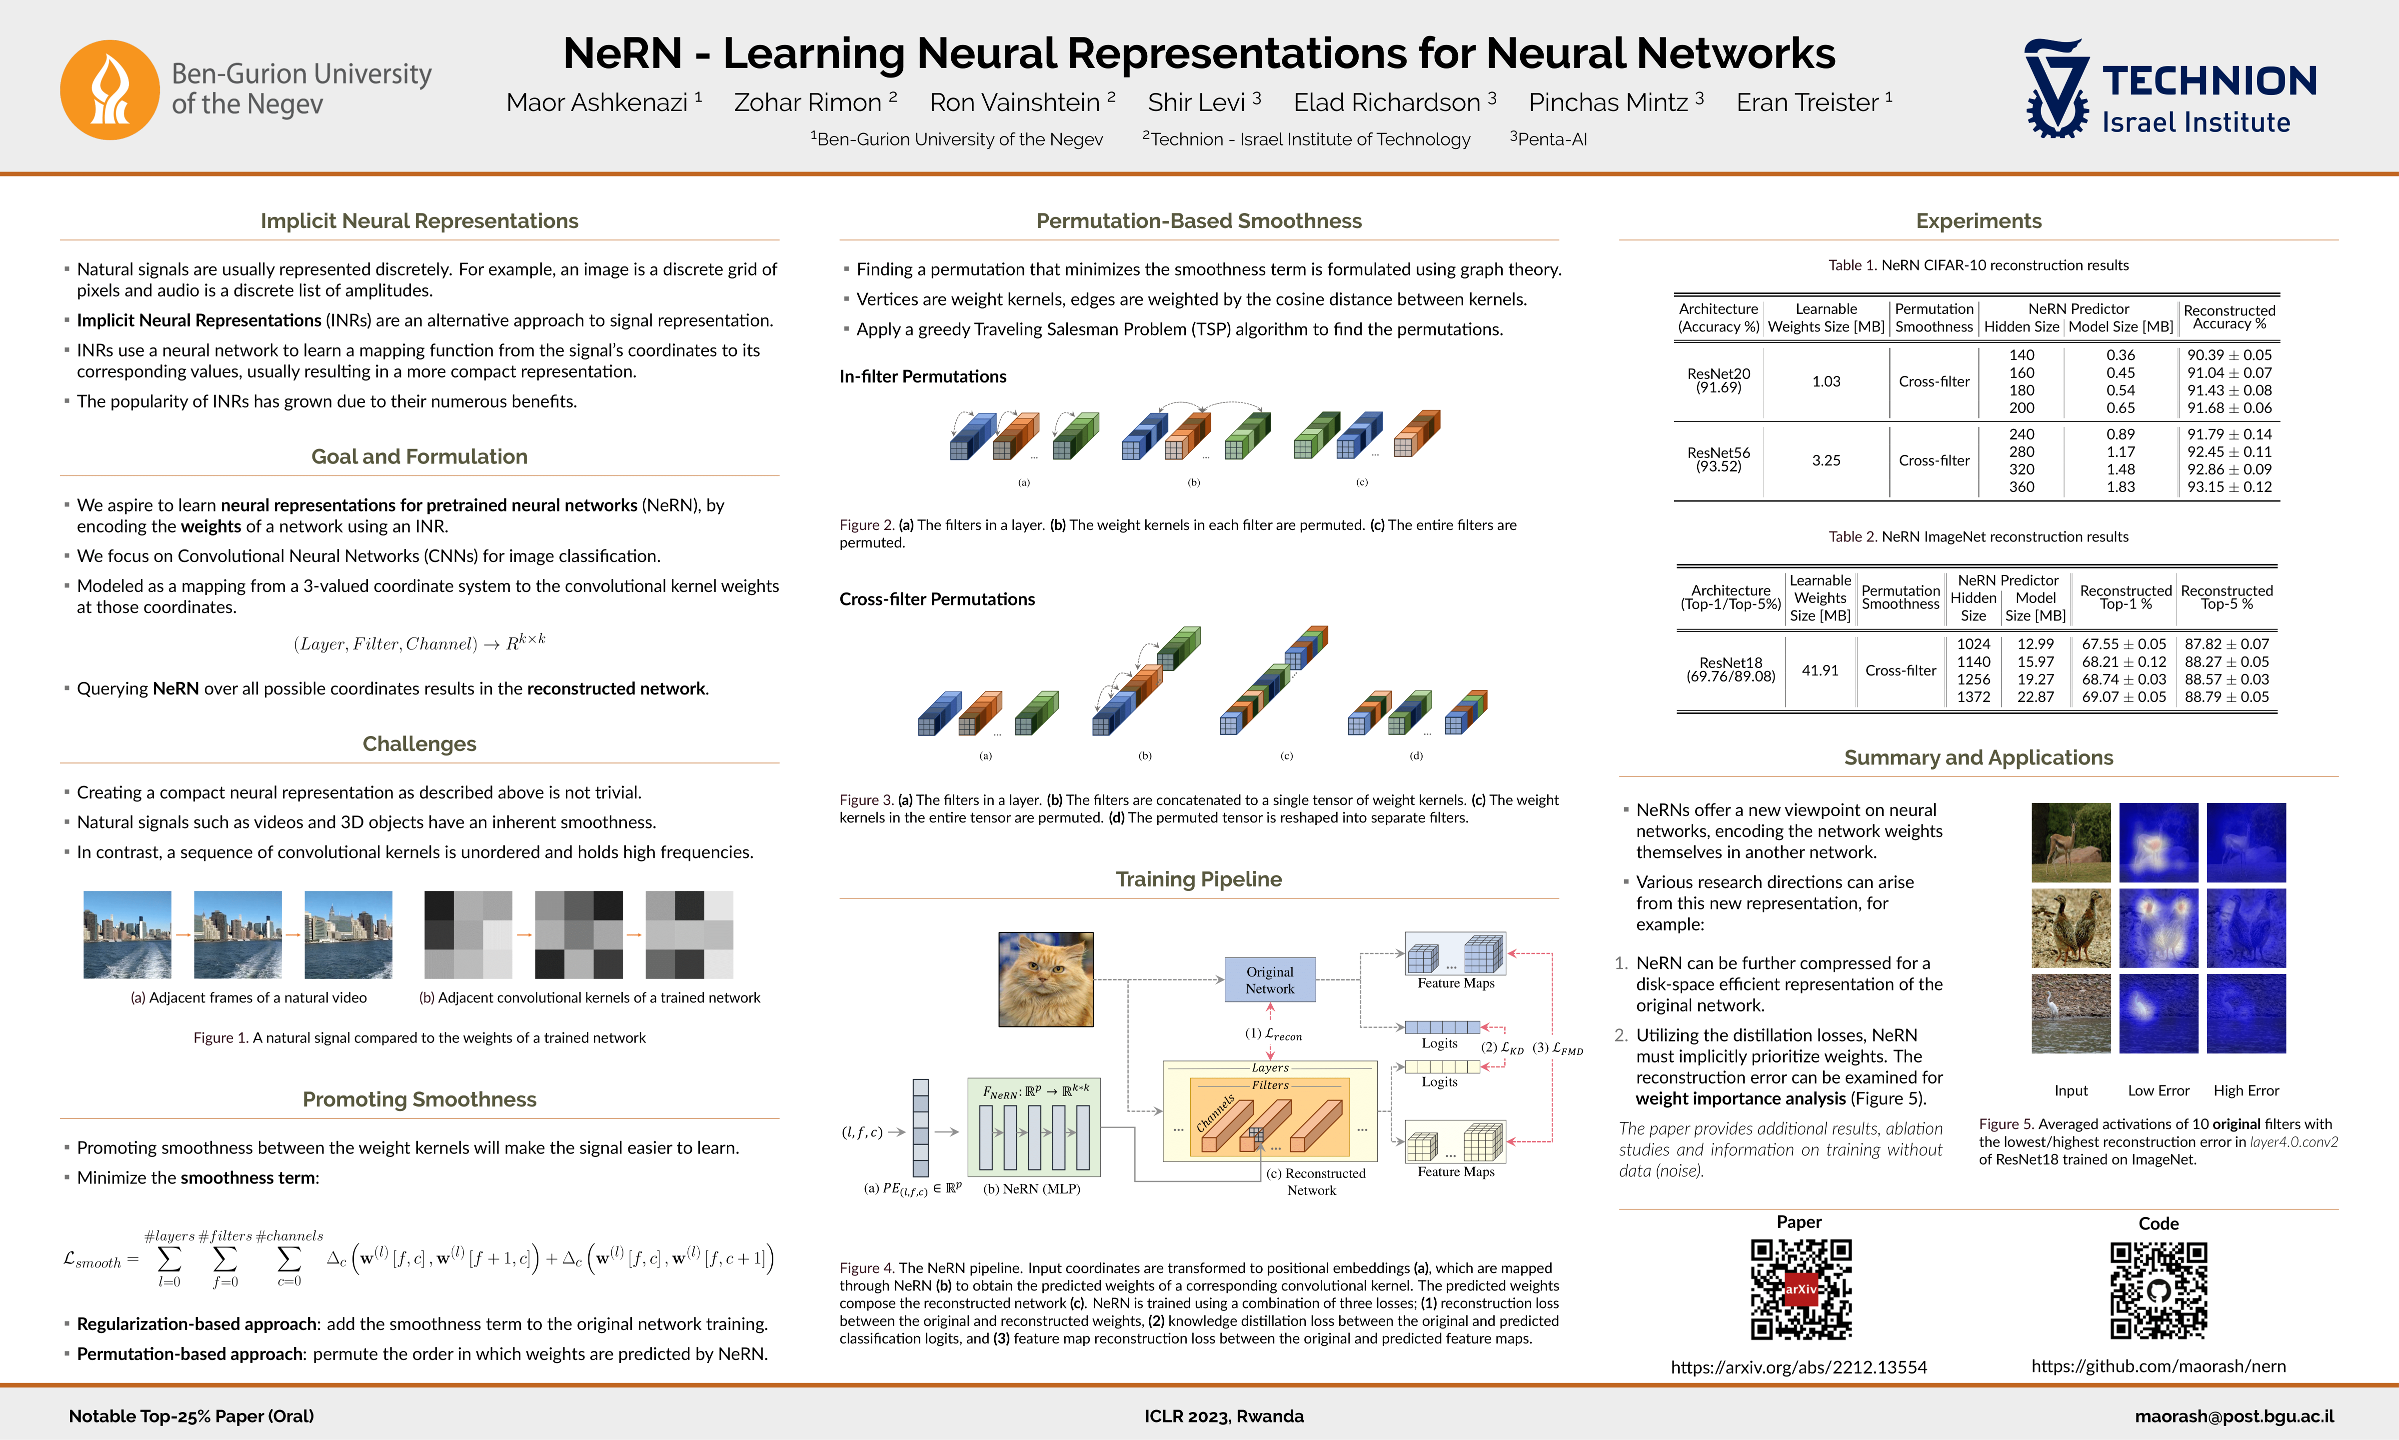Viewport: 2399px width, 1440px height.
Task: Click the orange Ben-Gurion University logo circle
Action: tap(109, 89)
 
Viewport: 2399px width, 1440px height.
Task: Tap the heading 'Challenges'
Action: tap(419, 744)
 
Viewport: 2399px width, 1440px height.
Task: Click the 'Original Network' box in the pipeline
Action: tap(1270, 980)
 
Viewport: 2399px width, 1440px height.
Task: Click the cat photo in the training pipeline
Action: tap(1046, 979)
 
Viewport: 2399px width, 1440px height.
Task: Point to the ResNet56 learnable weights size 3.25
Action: tap(1826, 461)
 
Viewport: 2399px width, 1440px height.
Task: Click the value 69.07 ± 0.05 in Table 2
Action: tap(2124, 696)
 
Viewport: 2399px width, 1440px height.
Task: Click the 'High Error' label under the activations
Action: tap(2246, 1090)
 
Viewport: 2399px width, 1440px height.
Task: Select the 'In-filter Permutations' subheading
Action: tap(922, 376)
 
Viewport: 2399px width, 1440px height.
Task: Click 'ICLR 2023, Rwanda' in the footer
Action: tap(1223, 1416)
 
